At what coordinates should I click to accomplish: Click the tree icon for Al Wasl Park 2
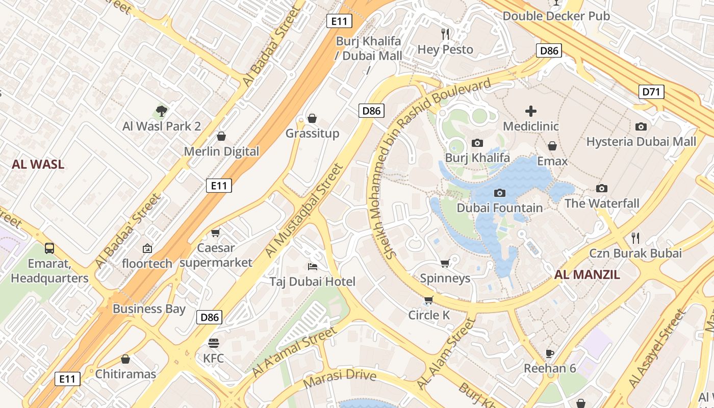(161, 111)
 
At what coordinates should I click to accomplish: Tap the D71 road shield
(651, 92)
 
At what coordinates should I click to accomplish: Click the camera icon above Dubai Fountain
(500, 193)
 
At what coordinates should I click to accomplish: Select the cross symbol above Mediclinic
(531, 111)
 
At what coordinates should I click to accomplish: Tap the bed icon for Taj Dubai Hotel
(313, 266)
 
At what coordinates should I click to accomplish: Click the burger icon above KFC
(213, 343)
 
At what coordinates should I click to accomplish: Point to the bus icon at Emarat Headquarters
(49, 248)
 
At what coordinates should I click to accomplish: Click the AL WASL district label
(38, 164)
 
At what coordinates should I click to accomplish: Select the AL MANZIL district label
(587, 275)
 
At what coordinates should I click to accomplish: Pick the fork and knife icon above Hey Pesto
(446, 34)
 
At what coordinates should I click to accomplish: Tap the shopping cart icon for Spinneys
(445, 263)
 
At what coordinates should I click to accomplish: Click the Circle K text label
(429, 315)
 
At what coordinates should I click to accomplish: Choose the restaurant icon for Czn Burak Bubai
(635, 238)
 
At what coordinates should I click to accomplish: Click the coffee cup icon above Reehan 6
(550, 353)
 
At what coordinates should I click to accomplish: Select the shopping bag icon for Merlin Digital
(221, 136)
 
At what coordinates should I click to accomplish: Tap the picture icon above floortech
(147, 248)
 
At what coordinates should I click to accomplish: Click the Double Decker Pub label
(556, 16)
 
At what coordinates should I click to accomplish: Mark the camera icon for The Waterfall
(602, 188)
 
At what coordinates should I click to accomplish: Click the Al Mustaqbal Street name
(304, 210)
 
